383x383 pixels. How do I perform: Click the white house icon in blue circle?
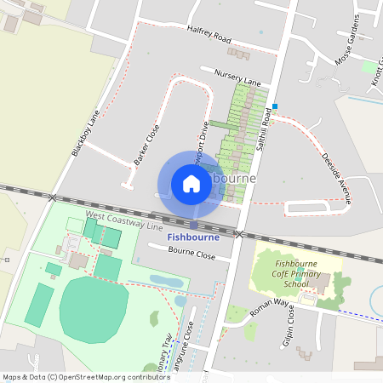(191, 184)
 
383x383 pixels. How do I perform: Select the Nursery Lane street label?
(237, 77)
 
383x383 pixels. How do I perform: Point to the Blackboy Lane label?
(86, 135)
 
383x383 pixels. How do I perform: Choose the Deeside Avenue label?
(336, 172)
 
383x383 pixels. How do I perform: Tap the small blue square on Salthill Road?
(274, 106)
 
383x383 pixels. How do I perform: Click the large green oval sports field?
(94, 310)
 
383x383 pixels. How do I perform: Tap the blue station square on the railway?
(195, 226)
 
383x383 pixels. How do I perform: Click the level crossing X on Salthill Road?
(240, 233)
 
